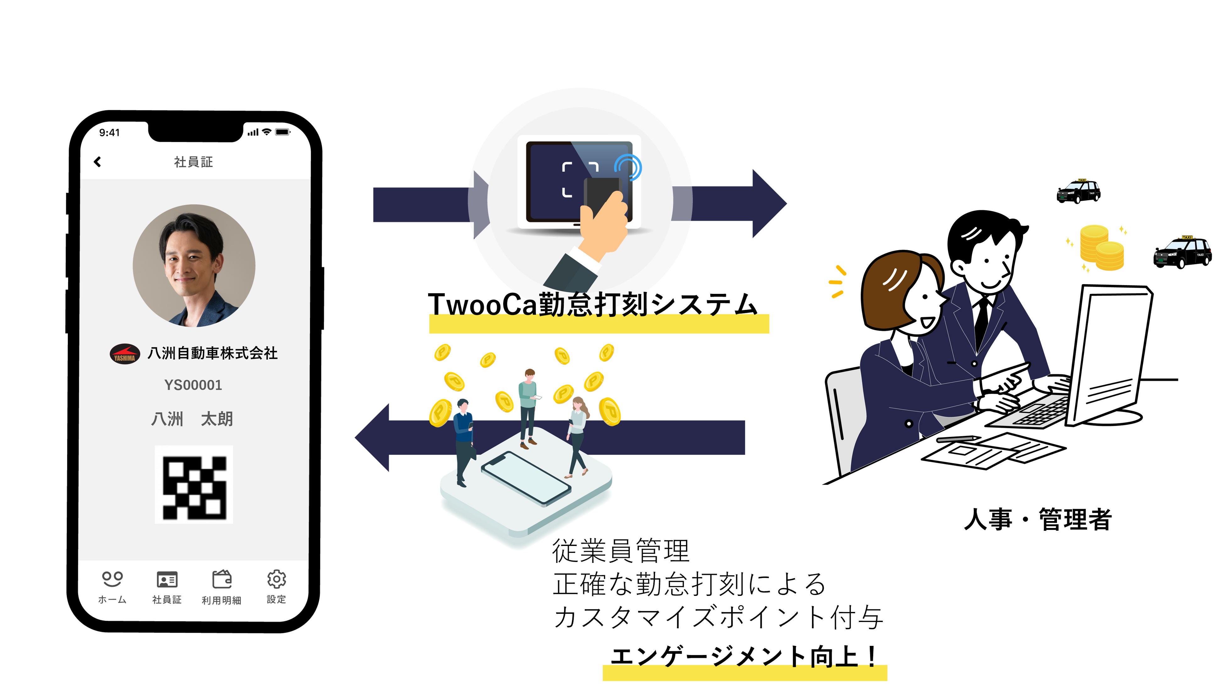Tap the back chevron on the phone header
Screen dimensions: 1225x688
point(97,162)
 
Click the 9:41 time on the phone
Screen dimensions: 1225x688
point(109,133)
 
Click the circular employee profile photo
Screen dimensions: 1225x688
point(194,266)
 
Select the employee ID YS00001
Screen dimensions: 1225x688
point(193,385)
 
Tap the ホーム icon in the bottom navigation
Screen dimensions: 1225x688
point(112,579)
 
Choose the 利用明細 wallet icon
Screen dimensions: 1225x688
point(222,579)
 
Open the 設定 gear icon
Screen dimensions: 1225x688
point(276,579)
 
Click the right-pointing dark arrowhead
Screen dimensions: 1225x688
point(768,204)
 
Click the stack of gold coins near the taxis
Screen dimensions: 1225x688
point(1101,248)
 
